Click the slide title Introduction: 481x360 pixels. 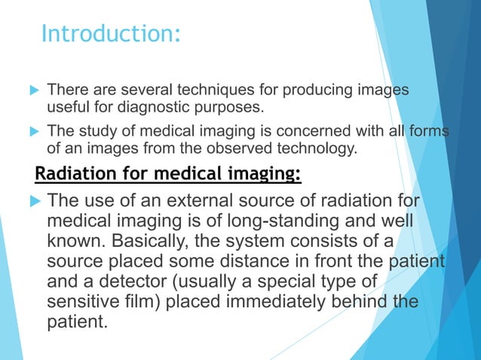pyautogui.click(x=111, y=33)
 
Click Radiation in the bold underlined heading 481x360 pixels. pyautogui.click(x=72, y=175)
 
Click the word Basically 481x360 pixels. pyautogui.click(x=146, y=243)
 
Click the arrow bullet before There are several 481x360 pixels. pyautogui.click(x=32, y=90)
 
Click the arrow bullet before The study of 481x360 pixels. pyautogui.click(x=32, y=131)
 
